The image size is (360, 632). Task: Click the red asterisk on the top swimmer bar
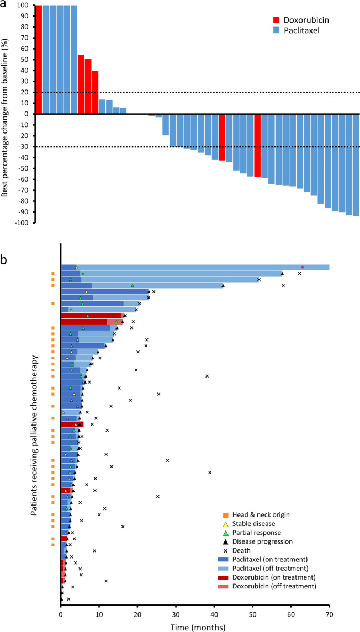(303, 267)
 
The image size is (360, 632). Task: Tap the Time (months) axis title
(195, 626)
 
